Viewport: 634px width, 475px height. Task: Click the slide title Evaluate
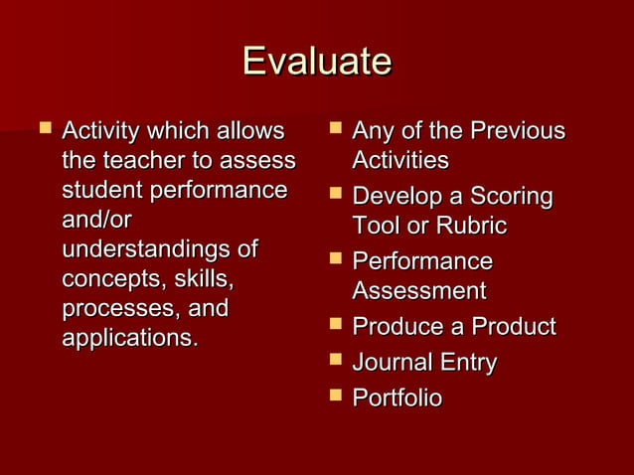tap(317, 62)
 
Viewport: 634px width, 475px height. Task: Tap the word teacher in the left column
tap(139, 160)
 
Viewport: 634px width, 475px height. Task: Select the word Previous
tap(518, 131)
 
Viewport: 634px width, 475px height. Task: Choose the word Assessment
tap(418, 291)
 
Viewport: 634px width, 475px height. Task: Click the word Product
tap(513, 327)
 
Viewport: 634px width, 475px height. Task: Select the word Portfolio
tap(397, 398)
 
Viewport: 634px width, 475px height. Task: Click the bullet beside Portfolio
tap(334, 396)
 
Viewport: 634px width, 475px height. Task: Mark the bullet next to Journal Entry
tap(334, 361)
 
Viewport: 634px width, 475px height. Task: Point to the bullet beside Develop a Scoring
tap(334, 194)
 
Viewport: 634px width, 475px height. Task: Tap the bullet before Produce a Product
tap(334, 325)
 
